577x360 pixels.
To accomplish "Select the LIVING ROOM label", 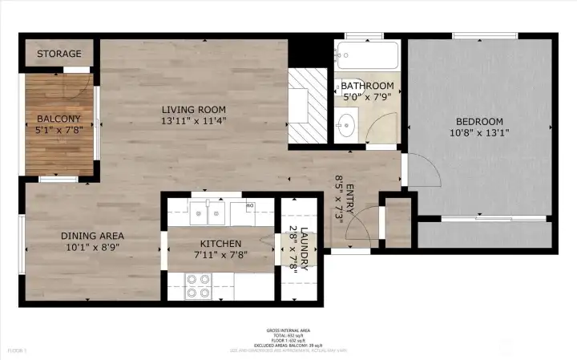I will tap(193, 110).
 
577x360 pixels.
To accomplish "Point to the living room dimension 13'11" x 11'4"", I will tap(193, 122).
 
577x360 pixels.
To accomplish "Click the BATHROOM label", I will tap(367, 86).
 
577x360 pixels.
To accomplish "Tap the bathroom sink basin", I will tap(348, 123).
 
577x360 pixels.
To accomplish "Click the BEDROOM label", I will tap(479, 121).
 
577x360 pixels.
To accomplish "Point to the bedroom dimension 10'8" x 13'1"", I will tap(479, 133).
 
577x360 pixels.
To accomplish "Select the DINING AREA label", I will tap(93, 236).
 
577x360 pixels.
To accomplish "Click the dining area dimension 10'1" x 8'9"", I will tap(93, 248).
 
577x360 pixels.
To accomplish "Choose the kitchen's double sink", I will tap(208, 214).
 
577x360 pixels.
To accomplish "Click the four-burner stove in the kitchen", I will tap(198, 285).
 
